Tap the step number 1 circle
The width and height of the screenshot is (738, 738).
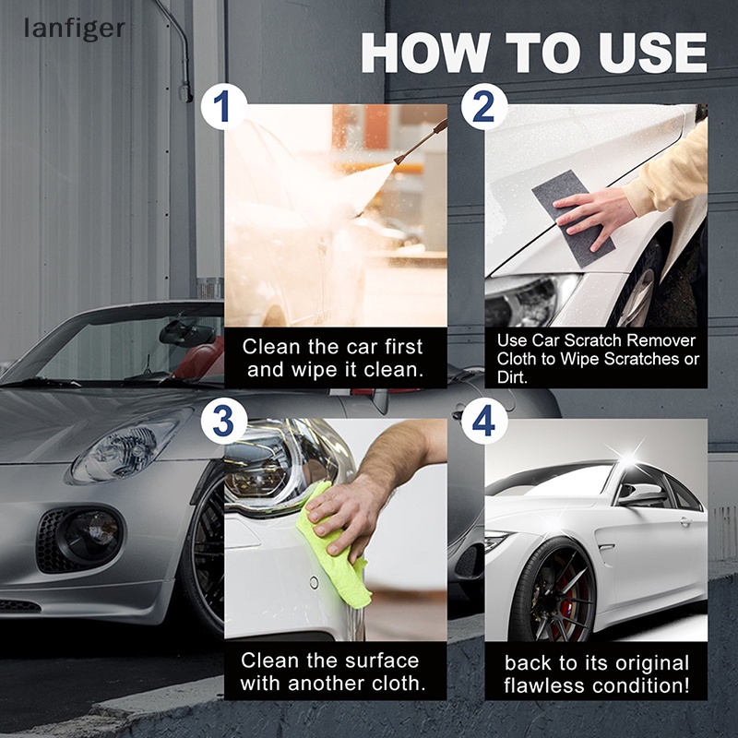(x=222, y=108)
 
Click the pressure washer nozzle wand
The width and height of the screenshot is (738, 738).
(x=420, y=143)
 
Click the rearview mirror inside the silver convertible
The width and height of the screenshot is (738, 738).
(x=184, y=333)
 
